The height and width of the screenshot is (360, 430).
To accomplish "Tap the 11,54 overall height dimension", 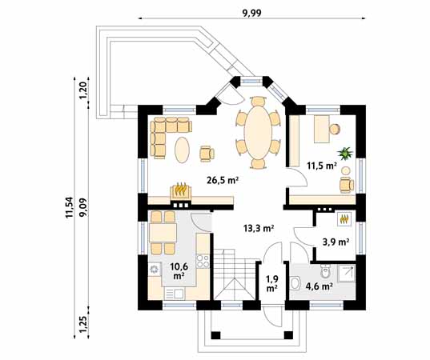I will click(70, 206).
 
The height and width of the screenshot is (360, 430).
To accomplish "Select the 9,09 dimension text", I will click(82, 206).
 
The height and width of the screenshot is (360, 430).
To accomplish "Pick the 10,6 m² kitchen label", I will click(178, 270).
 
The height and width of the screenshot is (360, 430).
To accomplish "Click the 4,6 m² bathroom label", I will click(319, 284).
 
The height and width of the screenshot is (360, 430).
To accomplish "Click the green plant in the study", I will click(346, 152).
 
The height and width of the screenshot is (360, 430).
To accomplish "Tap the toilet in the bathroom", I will click(295, 282).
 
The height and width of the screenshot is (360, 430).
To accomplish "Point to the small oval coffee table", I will click(183, 149).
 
